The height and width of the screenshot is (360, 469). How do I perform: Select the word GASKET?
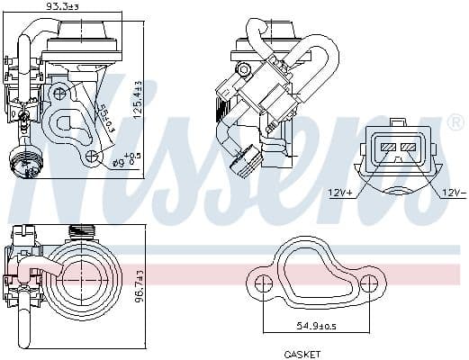(x=303, y=354)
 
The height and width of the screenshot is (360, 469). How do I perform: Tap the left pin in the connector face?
(x=389, y=147)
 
